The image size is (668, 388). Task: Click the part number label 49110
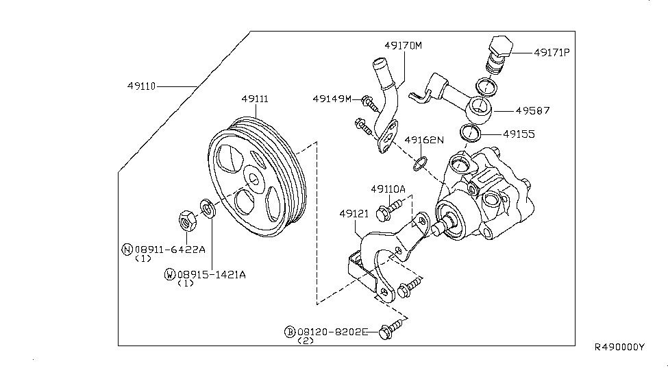(141, 86)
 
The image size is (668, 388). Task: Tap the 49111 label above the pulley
(255, 99)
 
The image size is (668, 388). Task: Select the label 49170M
(403, 46)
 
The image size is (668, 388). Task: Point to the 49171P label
(552, 53)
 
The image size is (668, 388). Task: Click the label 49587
(532, 111)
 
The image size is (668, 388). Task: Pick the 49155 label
(519, 134)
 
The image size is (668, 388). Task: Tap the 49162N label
(424, 140)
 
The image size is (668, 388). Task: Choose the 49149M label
(332, 99)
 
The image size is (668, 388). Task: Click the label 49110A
(388, 189)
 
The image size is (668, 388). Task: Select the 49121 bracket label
(354, 213)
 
